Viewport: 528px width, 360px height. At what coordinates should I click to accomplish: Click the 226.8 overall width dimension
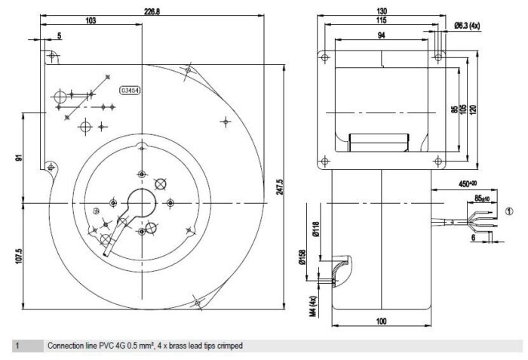coord(152,11)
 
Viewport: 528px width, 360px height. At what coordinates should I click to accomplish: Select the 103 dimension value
coord(91,20)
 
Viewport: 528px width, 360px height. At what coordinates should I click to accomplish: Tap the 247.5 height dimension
coord(280,186)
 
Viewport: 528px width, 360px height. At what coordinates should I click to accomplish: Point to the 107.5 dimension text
coord(18,256)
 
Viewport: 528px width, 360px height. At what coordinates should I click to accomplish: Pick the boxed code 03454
coord(130,91)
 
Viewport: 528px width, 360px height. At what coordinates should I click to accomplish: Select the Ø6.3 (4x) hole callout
coord(467,25)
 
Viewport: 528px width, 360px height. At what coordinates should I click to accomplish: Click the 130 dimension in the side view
coord(382,11)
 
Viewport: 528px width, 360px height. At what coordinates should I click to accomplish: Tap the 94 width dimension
coord(381,35)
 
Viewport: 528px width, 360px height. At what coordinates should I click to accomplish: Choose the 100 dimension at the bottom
coord(381,322)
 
